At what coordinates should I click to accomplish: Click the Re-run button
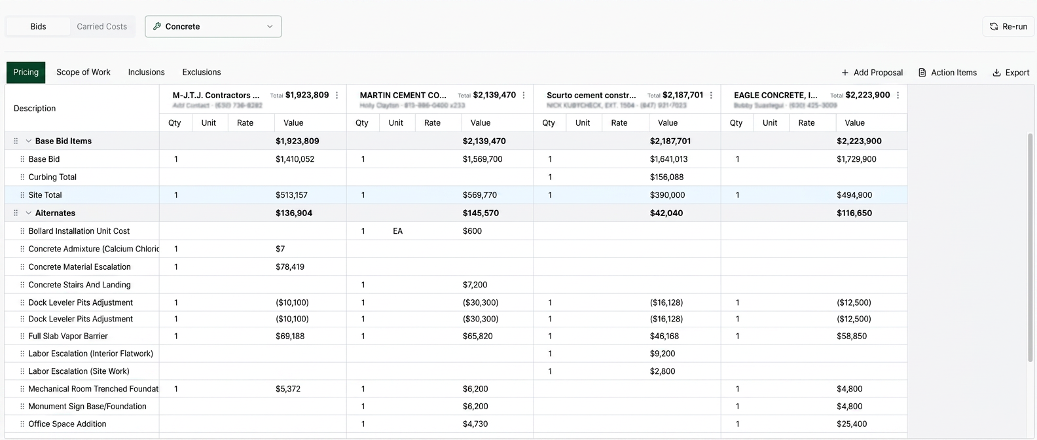click(x=1008, y=27)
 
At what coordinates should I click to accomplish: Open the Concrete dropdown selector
click(x=213, y=27)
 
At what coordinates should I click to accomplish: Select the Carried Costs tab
click(x=101, y=27)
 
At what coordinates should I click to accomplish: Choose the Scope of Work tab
click(x=83, y=72)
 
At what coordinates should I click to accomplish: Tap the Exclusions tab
click(x=202, y=72)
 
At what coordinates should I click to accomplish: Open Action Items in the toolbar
click(x=947, y=73)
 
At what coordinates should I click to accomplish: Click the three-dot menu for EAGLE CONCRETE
click(x=898, y=96)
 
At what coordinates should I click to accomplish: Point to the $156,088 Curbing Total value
click(x=666, y=177)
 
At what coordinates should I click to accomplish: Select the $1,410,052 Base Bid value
click(x=295, y=159)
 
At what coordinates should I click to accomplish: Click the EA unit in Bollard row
click(x=397, y=231)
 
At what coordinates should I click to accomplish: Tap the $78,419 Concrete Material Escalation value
click(x=290, y=266)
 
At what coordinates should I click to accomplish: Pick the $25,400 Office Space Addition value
click(x=852, y=424)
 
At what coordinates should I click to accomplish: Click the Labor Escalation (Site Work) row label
click(x=79, y=371)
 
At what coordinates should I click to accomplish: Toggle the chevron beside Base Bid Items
click(x=29, y=141)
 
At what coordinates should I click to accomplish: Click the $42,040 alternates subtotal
click(x=666, y=213)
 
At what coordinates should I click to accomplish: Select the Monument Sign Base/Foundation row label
click(x=87, y=406)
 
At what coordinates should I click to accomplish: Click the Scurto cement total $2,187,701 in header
click(x=683, y=95)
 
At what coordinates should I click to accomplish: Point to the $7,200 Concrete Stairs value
click(x=475, y=285)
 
